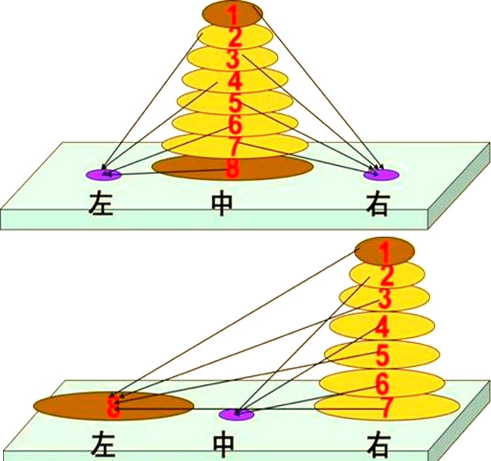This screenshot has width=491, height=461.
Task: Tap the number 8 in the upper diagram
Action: tap(233, 169)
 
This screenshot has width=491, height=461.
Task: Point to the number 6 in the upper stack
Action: tap(235, 125)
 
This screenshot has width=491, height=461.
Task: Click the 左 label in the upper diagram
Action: tap(101, 204)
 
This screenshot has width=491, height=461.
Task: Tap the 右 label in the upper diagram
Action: tap(377, 204)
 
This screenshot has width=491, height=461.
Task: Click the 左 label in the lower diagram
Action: tap(103, 445)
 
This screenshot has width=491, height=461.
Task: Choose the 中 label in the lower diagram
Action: tap(224, 445)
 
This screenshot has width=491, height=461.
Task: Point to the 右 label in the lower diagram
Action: tap(380, 445)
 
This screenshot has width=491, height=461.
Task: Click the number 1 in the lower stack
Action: tap(385, 253)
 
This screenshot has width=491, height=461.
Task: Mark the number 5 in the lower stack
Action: tap(383, 355)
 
